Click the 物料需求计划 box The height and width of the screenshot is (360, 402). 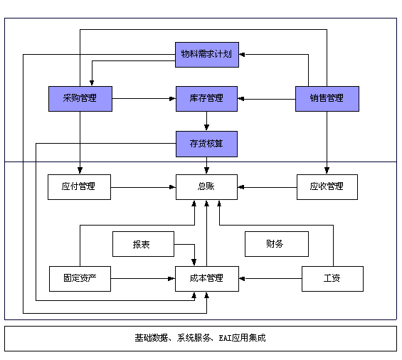coord(207,55)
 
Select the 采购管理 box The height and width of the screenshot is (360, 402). coord(80,99)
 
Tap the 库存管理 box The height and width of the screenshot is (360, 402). coord(206,99)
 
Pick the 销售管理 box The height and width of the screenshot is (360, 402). coord(327,99)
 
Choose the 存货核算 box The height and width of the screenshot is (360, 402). coord(206,144)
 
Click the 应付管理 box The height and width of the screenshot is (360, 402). coord(79,187)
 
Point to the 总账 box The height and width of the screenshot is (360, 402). coord(206,187)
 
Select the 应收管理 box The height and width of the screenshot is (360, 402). coord(327,187)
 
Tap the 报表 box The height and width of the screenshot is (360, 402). coord(143,244)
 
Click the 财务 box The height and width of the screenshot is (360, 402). coord(277,244)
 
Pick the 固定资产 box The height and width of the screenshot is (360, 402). coord(80,279)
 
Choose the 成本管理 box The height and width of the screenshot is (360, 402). coord(207,279)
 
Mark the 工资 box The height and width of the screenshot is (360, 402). coord(332,279)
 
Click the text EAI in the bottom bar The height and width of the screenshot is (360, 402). coord(225,338)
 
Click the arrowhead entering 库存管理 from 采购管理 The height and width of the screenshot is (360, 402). coord(173,99)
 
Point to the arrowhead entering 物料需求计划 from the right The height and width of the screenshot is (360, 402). coord(242,54)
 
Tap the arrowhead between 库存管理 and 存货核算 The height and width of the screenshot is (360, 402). coord(206,127)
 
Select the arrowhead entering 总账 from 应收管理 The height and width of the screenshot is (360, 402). coord(240,187)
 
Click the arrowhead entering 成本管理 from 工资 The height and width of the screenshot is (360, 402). coord(242,279)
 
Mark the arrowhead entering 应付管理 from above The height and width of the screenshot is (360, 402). coord(80,171)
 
